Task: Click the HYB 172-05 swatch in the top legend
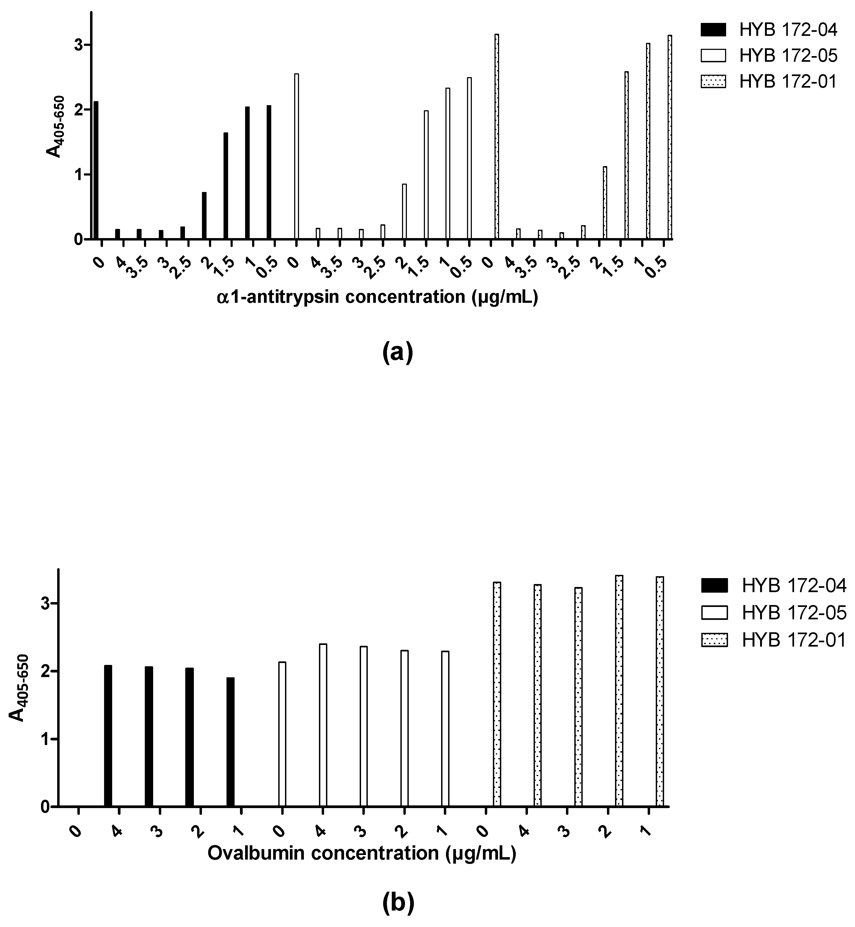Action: tap(714, 56)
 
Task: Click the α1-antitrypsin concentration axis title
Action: tap(377, 297)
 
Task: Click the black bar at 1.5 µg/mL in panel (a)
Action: tap(226, 186)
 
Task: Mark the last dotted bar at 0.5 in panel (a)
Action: tap(669, 138)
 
